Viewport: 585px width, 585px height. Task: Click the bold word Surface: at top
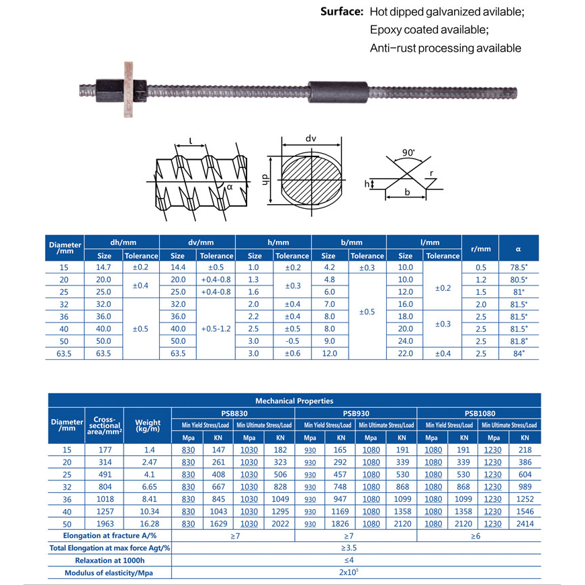[342, 12]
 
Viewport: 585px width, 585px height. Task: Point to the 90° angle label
[408, 152]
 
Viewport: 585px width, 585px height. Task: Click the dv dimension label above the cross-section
[310, 138]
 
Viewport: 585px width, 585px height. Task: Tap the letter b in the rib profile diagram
[407, 193]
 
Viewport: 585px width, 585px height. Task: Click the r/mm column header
[481, 249]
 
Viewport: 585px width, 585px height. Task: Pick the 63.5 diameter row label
[64, 353]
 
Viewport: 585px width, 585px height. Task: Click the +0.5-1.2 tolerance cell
[216, 329]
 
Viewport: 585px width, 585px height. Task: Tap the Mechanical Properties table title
[295, 401]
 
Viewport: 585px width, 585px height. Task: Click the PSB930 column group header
[356, 413]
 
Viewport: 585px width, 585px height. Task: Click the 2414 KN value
[525, 523]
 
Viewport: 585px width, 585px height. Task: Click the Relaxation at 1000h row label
[109, 560]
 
